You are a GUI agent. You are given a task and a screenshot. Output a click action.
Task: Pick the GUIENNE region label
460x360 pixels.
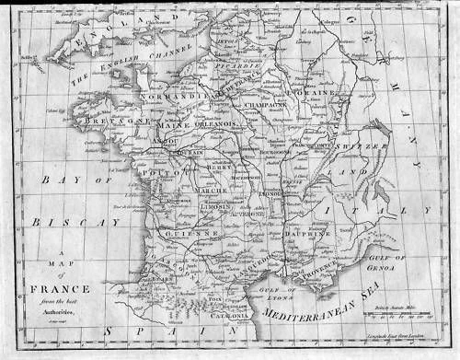(191, 234)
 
